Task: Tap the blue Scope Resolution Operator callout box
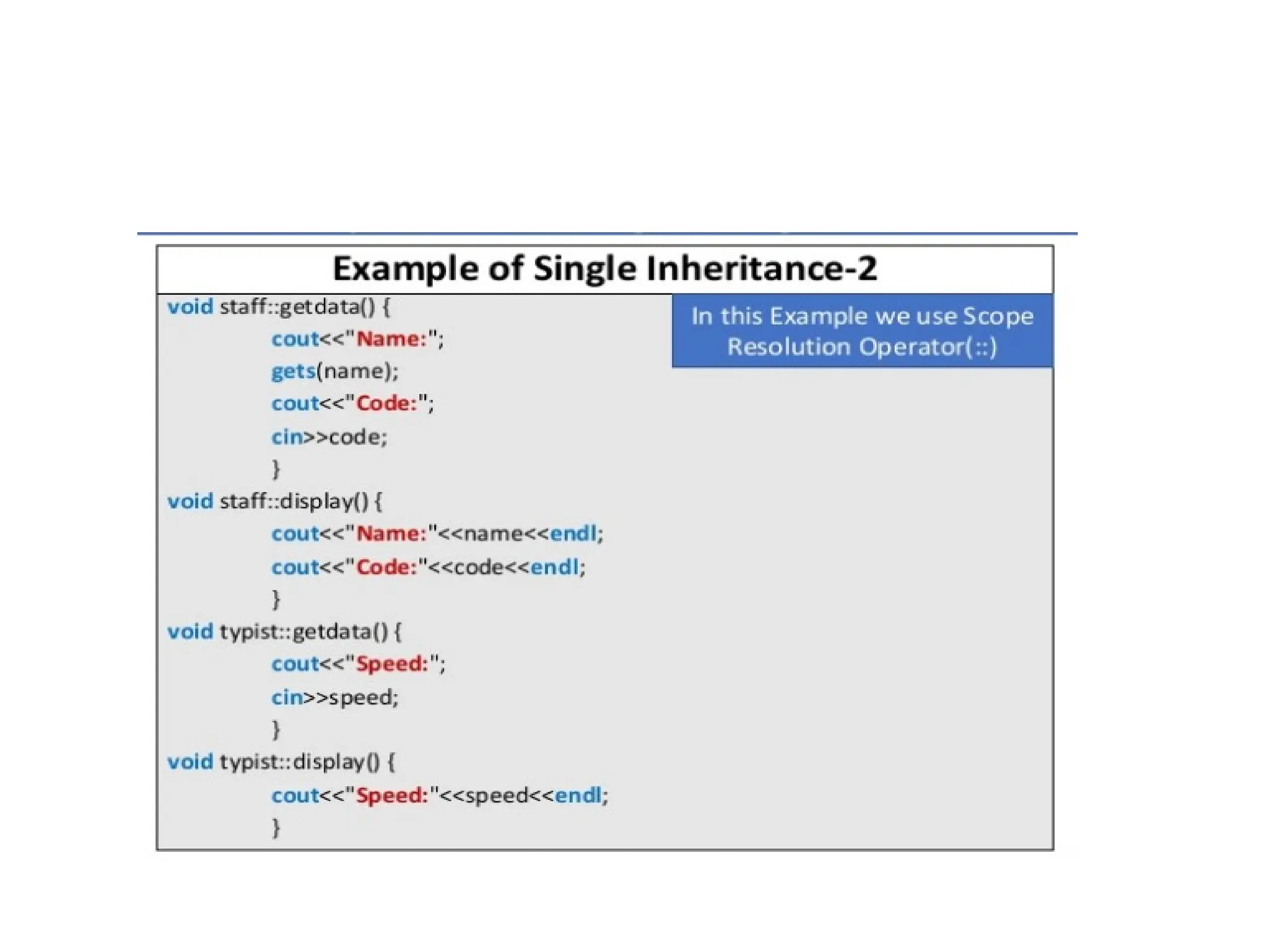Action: [x=862, y=331]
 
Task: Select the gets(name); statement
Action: [x=335, y=371]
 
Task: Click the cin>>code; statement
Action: [x=329, y=437]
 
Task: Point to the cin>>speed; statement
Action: [x=335, y=698]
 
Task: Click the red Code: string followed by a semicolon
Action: [x=387, y=404]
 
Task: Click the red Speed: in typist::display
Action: [x=393, y=796]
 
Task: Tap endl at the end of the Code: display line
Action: [x=555, y=567]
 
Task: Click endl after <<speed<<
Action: [x=578, y=796]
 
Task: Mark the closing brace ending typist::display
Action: [x=276, y=828]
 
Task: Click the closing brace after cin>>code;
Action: [x=276, y=469]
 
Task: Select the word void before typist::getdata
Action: [x=190, y=632]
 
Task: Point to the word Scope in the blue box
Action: [x=998, y=316]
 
